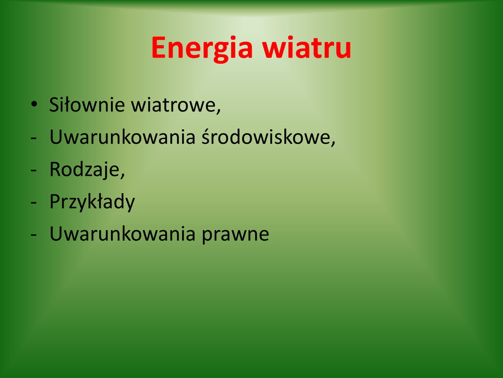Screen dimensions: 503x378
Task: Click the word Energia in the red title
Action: point(202,48)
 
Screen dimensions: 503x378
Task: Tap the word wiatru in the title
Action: point(307,48)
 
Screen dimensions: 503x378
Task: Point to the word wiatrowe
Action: point(174,105)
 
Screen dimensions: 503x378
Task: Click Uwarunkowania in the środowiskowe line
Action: point(122,137)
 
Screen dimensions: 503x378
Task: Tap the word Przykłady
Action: point(92,202)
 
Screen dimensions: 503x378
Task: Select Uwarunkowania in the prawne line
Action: point(122,234)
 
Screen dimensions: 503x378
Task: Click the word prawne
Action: point(235,235)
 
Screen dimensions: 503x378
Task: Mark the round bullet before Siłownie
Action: point(34,104)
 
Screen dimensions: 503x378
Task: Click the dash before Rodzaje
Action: point(34,171)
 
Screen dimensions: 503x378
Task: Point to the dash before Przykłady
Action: point(34,203)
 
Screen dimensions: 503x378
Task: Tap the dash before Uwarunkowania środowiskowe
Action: point(34,138)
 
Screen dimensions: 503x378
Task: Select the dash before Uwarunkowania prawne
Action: point(34,235)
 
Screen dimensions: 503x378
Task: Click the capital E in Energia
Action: point(159,48)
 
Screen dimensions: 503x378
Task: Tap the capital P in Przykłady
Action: point(55,201)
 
